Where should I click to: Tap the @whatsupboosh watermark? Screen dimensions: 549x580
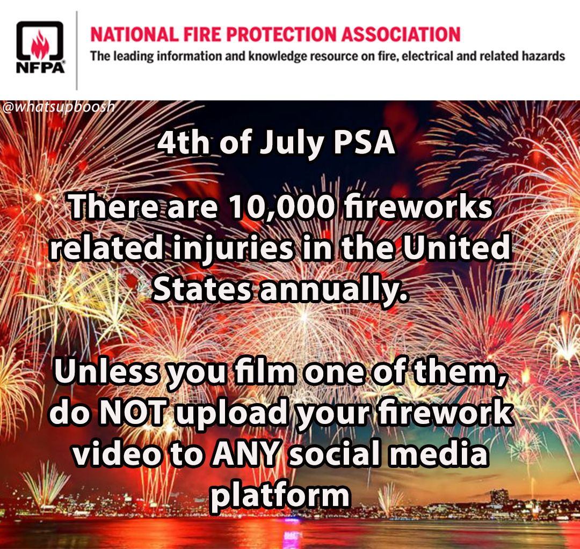pyautogui.click(x=58, y=107)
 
